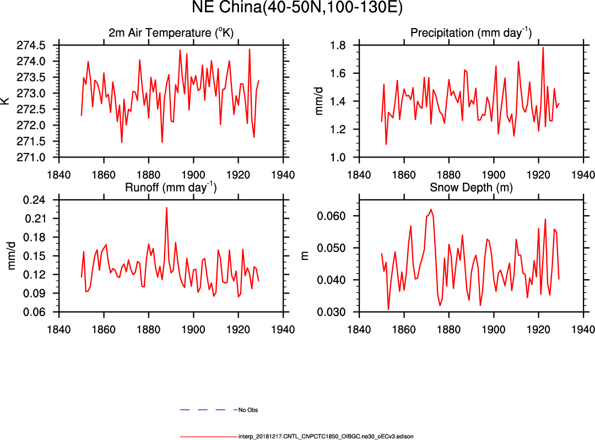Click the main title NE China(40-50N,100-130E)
[297, 8]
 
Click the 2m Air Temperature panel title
[171, 33]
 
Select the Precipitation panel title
[470, 33]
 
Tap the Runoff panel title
[171, 187]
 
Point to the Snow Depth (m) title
[470, 187]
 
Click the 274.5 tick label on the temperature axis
[37, 45]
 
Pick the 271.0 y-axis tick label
[37, 157]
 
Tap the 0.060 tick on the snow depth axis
[334, 216]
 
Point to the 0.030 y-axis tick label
[334, 312]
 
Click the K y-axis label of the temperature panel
[6, 101]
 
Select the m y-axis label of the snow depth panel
[305, 256]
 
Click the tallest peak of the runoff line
[166, 208]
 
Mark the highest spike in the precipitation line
[543, 47]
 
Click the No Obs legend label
[248, 410]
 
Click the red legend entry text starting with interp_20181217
[326, 436]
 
